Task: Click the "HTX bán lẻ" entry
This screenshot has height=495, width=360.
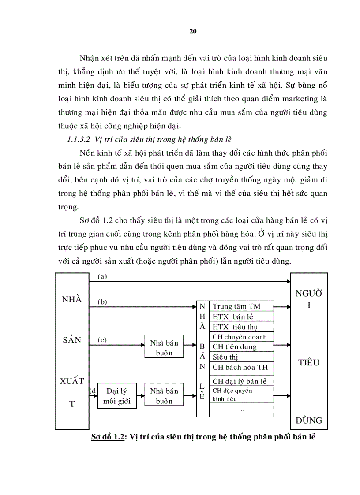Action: tap(232, 316)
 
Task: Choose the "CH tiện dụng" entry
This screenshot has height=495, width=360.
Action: tap(234, 347)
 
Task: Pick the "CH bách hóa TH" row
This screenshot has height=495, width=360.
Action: tap(240, 367)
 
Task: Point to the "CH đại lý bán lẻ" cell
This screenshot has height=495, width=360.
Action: tap(240, 381)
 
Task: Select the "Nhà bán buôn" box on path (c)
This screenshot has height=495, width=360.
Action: tap(164, 348)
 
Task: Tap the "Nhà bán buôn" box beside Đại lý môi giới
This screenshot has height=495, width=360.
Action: tap(164, 396)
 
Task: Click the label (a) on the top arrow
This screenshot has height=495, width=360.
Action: tap(102, 276)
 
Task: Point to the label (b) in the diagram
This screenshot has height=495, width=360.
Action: tap(103, 302)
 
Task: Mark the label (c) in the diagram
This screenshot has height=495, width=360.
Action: tap(102, 340)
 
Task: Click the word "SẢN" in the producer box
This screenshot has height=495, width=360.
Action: tap(71, 340)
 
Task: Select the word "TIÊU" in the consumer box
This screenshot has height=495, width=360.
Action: tap(309, 363)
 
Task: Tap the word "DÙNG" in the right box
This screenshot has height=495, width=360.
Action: tap(309, 420)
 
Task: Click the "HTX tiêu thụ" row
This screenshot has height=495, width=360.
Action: tap(235, 327)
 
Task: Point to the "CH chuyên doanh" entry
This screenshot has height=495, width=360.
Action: tap(239, 337)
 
